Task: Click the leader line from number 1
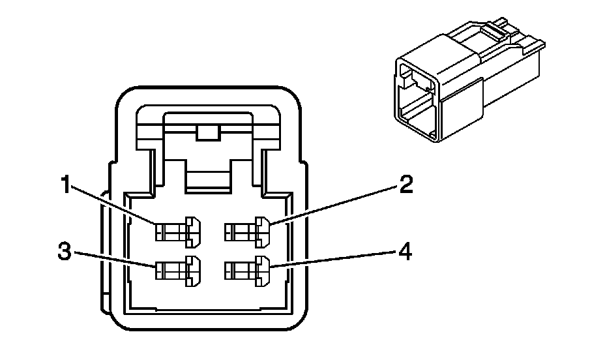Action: [117, 208]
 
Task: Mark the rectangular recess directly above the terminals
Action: [209, 176]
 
